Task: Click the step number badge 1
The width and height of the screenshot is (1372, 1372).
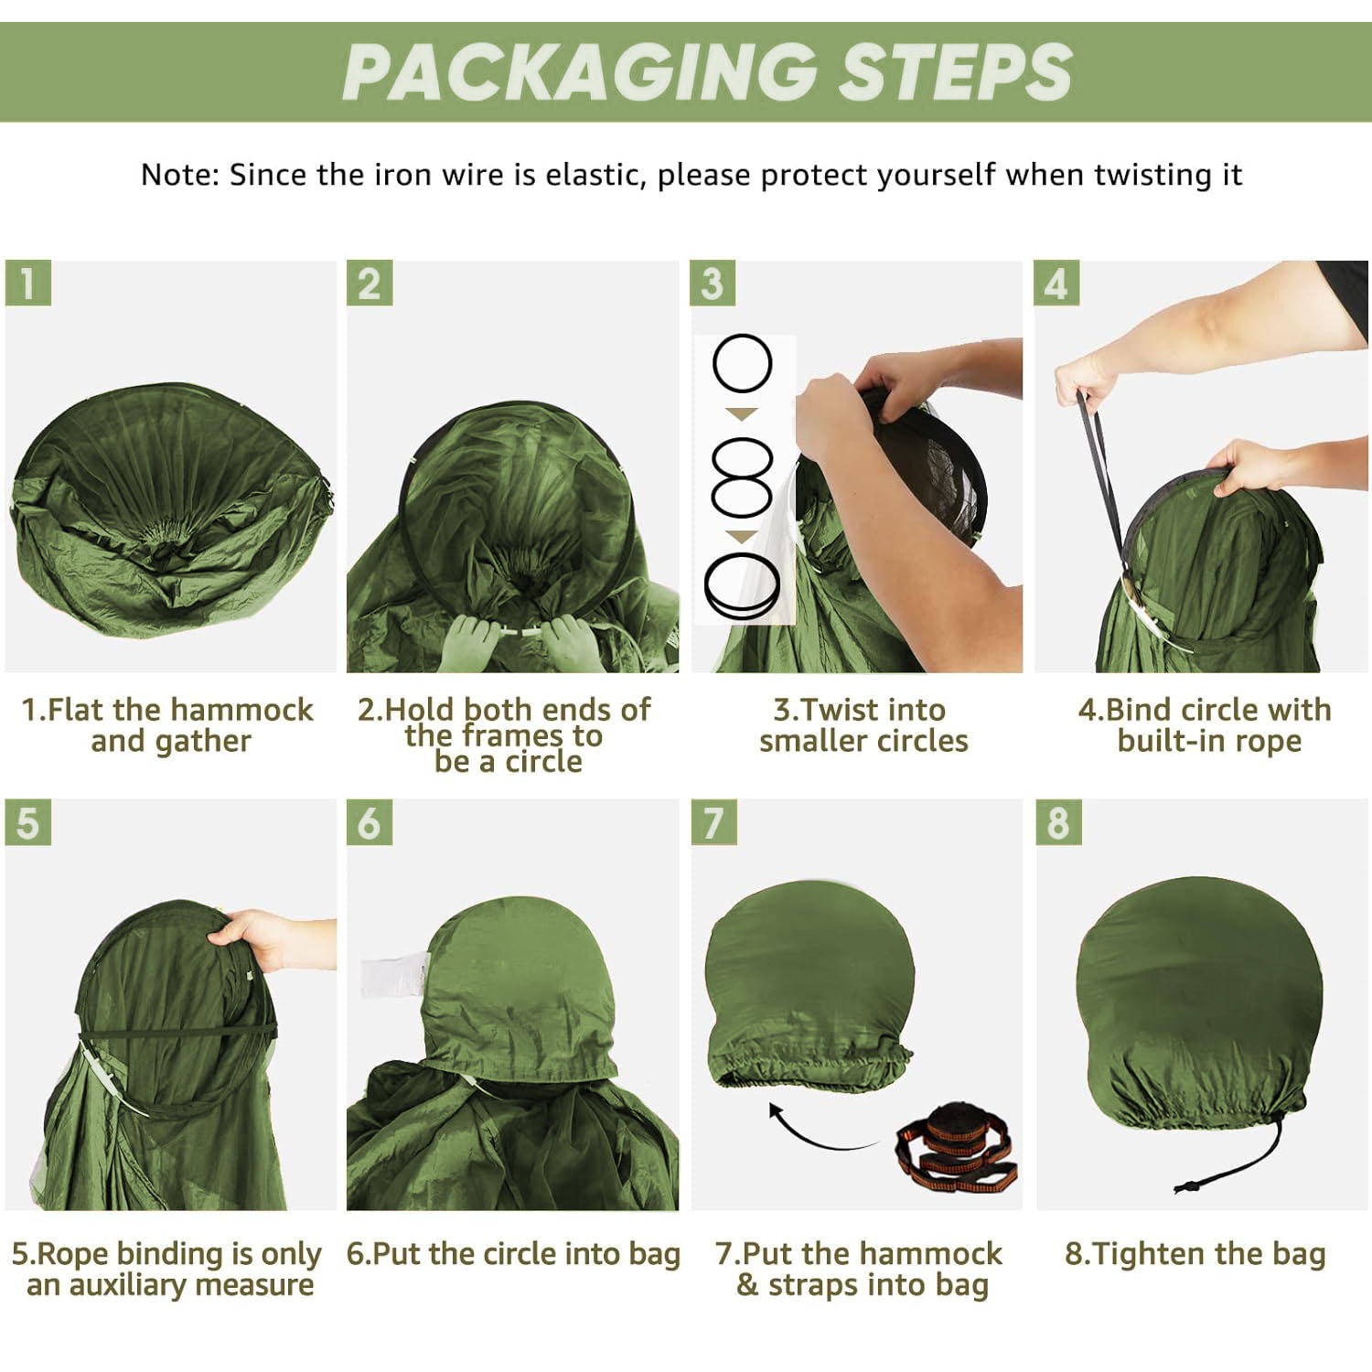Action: click(27, 283)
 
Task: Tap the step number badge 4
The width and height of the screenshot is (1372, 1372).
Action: click(1056, 283)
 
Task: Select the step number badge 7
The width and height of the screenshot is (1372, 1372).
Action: click(713, 821)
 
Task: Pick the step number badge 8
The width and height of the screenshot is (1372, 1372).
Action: click(1058, 821)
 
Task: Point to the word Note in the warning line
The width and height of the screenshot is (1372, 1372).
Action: click(180, 174)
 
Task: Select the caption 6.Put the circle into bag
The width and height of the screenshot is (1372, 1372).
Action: click(513, 1254)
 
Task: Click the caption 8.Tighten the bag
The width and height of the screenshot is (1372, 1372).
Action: click(1195, 1254)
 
